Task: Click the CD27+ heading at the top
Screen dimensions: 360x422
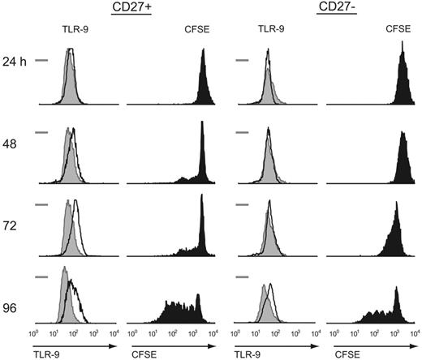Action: coord(129,9)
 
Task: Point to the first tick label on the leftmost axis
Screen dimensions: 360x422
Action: coord(34,333)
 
